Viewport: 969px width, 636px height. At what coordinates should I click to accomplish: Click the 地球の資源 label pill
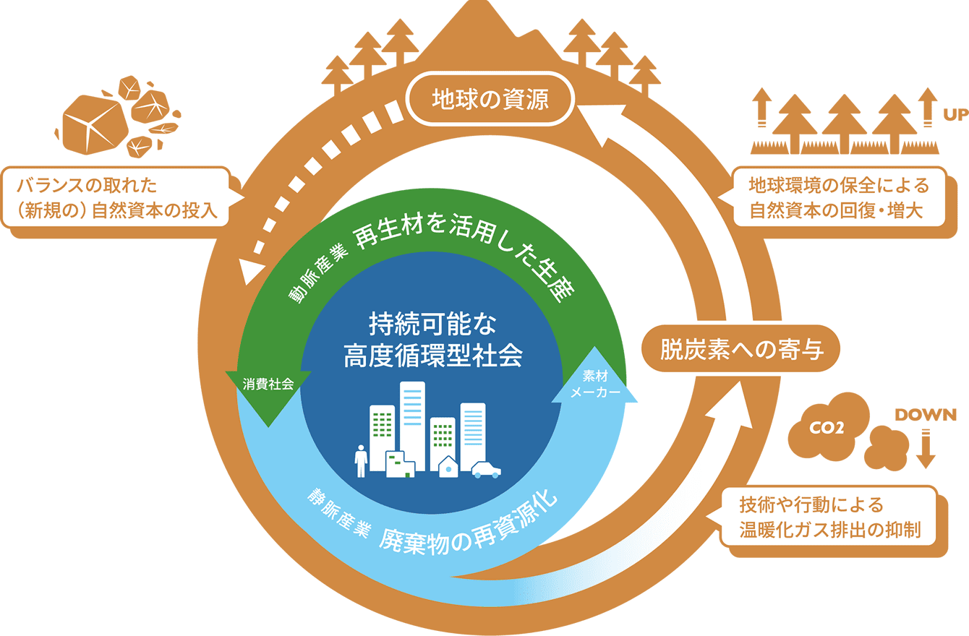[x=490, y=99]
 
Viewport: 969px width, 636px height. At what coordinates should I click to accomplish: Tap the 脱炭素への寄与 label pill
[x=740, y=349]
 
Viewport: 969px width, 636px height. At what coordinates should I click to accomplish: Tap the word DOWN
[x=926, y=415]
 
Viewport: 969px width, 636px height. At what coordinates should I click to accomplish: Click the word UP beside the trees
[x=955, y=115]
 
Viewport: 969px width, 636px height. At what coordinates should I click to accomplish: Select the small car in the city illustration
[x=486, y=470]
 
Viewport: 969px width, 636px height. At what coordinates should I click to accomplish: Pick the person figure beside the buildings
[x=361, y=461]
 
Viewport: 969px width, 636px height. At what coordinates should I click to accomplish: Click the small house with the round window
[x=448, y=466]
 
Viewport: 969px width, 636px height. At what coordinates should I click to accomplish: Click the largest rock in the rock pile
[x=95, y=124]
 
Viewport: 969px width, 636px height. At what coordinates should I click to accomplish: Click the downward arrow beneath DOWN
[x=926, y=449]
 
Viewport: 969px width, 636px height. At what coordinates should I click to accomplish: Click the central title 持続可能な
[x=432, y=324]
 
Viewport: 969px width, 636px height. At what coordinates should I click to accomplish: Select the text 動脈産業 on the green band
[x=318, y=272]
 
